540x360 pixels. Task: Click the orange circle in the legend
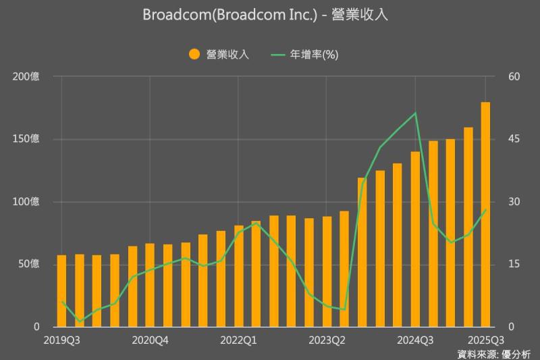pos(194,55)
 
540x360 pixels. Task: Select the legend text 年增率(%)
pos(314,55)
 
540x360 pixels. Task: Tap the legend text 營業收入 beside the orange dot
pos(228,55)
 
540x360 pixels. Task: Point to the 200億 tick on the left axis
pos(26,77)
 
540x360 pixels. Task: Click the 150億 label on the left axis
pos(26,139)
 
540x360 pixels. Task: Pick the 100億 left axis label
pos(26,202)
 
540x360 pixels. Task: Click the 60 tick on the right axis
pos(514,77)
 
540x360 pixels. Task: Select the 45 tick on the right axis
pos(514,139)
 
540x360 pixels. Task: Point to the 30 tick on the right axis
pos(514,202)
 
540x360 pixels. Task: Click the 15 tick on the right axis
pos(514,264)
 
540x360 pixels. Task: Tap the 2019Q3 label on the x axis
pos(61,340)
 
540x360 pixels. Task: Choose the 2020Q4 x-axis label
pos(150,340)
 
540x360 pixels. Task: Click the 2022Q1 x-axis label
pos(238,340)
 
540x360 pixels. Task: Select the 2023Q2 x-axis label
pos(327,340)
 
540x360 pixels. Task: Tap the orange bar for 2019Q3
pos(61,291)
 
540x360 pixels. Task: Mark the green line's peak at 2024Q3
pos(415,113)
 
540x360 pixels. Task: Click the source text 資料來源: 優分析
pos(494,353)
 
